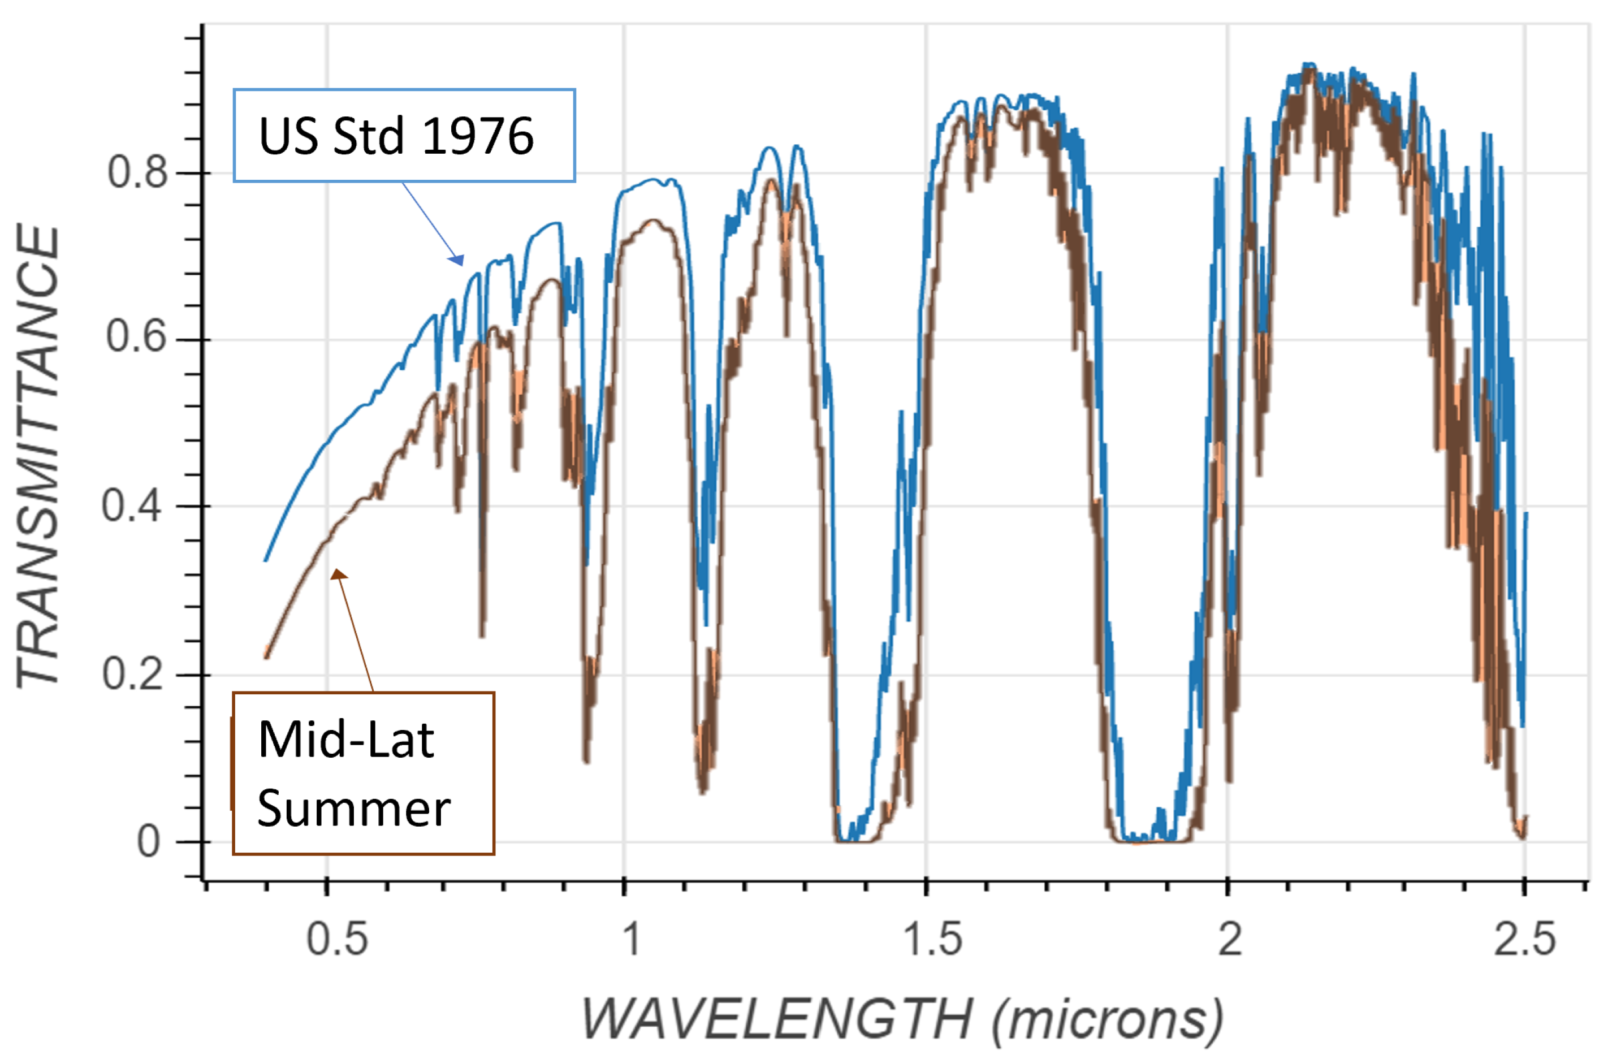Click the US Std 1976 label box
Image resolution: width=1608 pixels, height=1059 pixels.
pyautogui.click(x=404, y=135)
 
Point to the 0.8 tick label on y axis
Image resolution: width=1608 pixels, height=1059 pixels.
pyautogui.click(x=137, y=172)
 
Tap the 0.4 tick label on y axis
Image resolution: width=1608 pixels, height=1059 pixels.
pyautogui.click(x=132, y=505)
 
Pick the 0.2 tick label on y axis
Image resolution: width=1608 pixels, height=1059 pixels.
pyautogui.click(x=133, y=674)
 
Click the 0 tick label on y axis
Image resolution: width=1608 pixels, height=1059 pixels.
pyautogui.click(x=149, y=842)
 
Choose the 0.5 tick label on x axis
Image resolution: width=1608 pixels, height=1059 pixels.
pyautogui.click(x=337, y=939)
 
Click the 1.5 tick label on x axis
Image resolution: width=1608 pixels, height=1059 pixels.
pyautogui.click(x=932, y=939)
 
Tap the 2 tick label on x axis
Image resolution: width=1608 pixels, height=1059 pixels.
pyautogui.click(x=1230, y=939)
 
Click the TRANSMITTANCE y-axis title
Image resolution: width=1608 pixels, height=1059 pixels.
pyautogui.click(x=38, y=456)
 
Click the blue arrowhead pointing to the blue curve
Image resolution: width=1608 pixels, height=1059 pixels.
pyautogui.click(x=458, y=260)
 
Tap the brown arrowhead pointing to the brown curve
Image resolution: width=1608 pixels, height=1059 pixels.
pyautogui.click(x=338, y=574)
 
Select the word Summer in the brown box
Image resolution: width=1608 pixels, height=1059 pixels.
pyautogui.click(x=354, y=809)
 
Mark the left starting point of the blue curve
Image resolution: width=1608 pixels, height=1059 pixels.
pyautogui.click(x=266, y=560)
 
